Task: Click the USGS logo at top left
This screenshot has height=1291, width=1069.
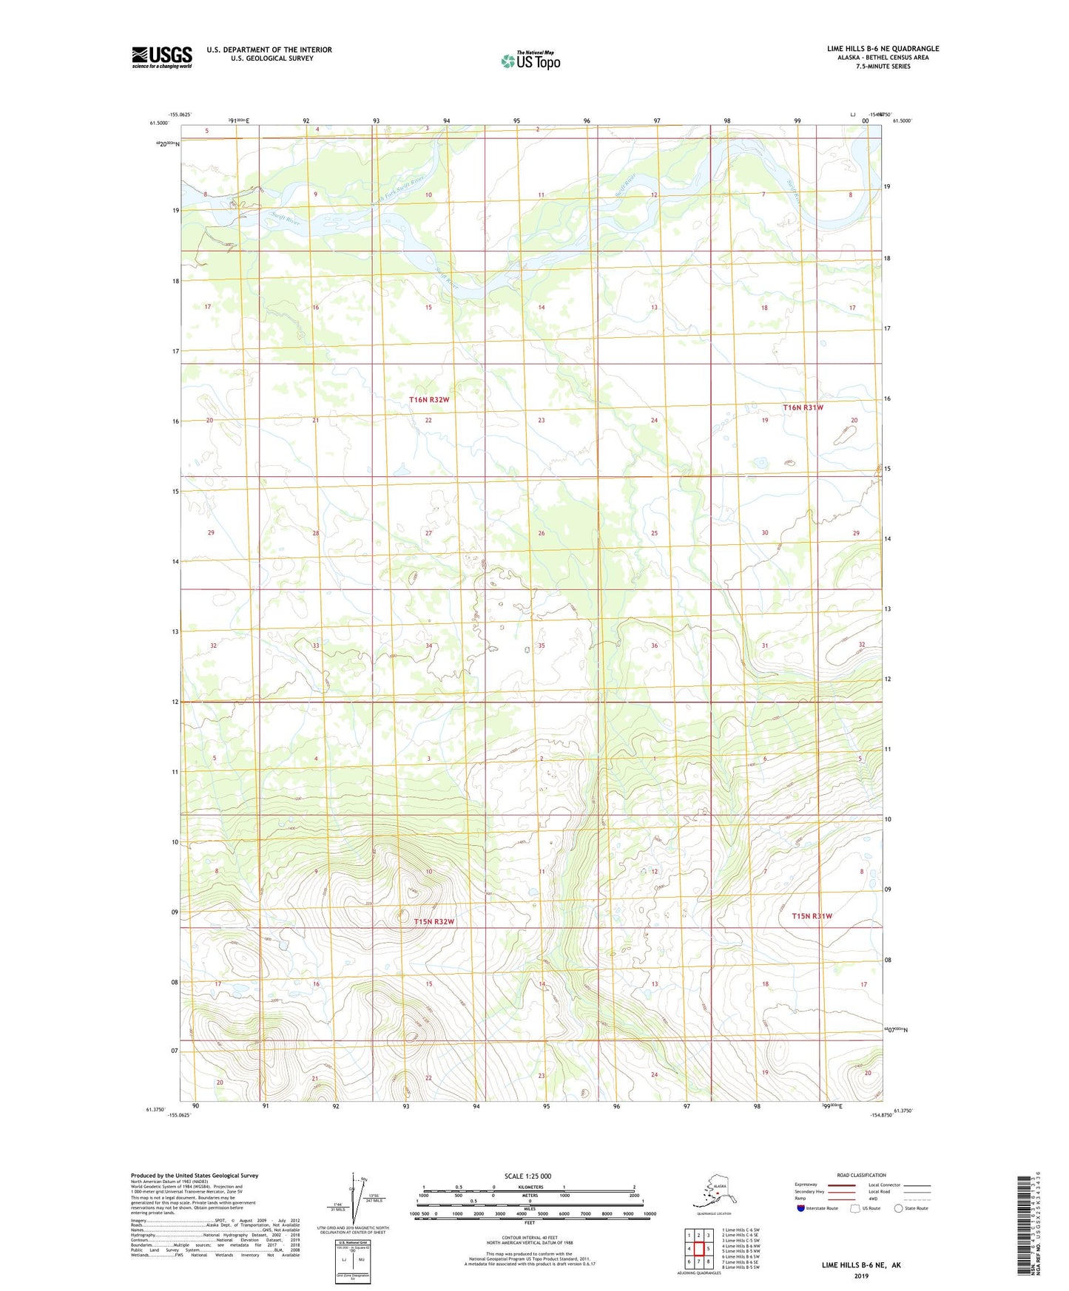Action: coord(161,57)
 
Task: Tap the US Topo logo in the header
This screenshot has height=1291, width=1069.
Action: coord(530,61)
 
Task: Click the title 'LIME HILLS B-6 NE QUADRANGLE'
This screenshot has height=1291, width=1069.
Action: coord(883,49)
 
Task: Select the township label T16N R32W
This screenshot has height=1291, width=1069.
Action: coord(429,399)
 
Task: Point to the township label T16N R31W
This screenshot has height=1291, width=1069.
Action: coord(803,407)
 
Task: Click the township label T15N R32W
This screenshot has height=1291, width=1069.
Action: coord(434,921)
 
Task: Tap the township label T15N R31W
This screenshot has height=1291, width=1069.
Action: coord(812,916)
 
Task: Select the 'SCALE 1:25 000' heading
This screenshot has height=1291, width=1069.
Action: coord(527,1176)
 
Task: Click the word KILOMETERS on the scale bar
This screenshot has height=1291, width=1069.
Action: coord(529,1187)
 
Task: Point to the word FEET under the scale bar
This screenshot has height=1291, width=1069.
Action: coord(529,1222)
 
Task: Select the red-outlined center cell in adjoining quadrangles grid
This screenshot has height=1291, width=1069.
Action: coord(698,1249)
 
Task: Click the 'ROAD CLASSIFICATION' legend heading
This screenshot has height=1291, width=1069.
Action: coord(860,1175)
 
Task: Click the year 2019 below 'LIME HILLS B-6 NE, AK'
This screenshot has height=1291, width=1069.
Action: coord(861,1275)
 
